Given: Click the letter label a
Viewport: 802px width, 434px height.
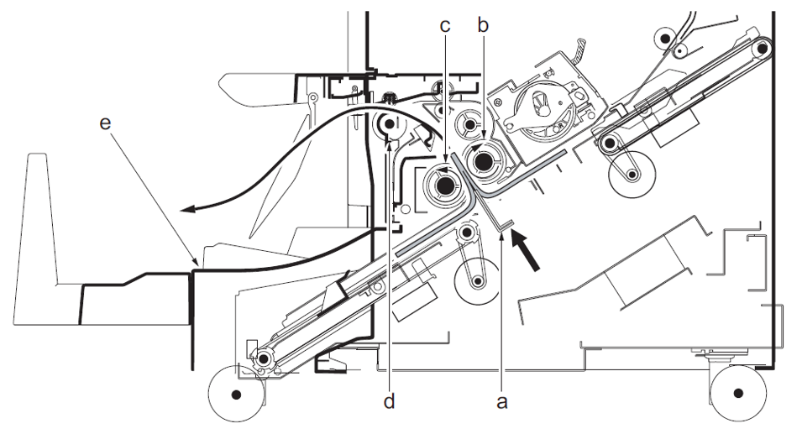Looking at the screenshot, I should tap(502, 402).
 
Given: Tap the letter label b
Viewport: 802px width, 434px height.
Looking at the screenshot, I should tap(482, 24).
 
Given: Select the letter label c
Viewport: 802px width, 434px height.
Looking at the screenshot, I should tap(445, 24).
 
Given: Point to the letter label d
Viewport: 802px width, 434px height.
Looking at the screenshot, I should tap(389, 401).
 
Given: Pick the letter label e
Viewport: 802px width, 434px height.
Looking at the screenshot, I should tap(105, 123).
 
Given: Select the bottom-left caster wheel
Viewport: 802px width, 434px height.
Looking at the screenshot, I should tap(236, 393).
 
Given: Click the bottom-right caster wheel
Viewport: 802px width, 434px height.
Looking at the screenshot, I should tap(737, 392).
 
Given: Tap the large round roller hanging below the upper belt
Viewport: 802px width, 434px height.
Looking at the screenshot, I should tap(632, 175).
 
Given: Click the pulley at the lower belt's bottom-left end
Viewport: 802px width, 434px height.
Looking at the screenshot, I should tap(265, 358).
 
